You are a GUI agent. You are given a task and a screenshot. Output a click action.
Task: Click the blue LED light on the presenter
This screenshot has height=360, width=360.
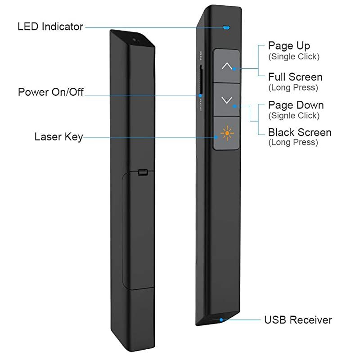point(226,27)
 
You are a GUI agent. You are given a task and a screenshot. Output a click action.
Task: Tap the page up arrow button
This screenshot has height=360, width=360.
point(227,66)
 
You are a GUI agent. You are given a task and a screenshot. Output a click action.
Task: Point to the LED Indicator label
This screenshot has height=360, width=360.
point(50,27)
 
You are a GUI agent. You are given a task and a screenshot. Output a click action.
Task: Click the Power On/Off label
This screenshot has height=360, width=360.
point(51,92)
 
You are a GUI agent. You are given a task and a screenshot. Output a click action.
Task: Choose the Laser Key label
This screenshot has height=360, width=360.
point(58,136)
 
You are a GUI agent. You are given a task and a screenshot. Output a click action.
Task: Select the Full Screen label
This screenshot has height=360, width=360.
point(295,77)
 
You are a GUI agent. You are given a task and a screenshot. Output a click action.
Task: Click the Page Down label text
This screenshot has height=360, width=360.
point(296,105)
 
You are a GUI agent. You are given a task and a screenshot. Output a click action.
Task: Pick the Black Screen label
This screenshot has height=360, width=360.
point(300,132)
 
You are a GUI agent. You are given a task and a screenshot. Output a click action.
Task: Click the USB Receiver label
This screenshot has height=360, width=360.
point(298,320)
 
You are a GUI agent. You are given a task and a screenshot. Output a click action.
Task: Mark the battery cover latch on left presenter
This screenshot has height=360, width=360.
point(143,172)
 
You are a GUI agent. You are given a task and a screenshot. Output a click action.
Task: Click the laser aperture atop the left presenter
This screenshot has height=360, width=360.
point(135,40)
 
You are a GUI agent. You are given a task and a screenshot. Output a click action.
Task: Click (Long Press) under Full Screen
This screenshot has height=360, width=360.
point(293,87)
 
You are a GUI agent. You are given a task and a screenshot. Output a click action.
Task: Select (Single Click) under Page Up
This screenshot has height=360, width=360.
point(294,57)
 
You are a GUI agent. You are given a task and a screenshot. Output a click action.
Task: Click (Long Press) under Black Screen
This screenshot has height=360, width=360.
point(293,143)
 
